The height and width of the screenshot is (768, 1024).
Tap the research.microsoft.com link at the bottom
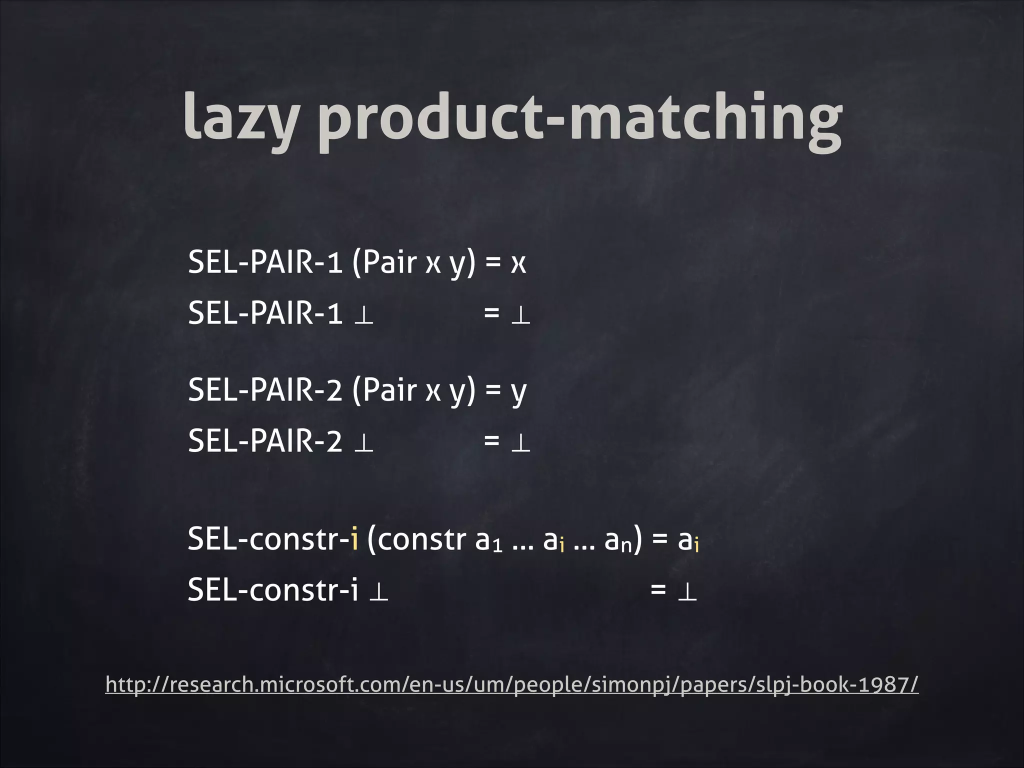[511, 684]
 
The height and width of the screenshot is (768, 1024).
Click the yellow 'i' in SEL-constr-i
[354, 540]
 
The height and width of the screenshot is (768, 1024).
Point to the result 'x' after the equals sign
[518, 263]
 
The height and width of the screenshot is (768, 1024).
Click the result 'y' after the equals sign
[519, 392]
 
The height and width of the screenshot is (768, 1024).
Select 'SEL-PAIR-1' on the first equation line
[265, 262]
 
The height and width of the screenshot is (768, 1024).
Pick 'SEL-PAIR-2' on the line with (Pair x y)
[265, 390]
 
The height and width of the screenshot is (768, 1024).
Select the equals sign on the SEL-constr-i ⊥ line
[658, 590]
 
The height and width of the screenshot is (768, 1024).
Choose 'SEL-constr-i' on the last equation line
[273, 590]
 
